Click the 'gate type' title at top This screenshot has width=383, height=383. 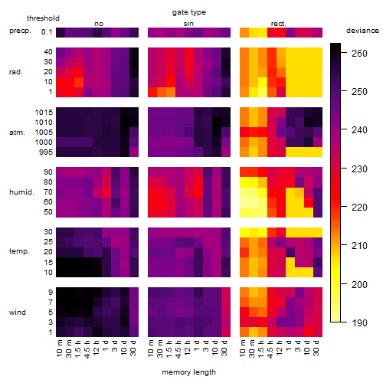tap(189, 12)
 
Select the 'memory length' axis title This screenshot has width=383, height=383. tap(189, 372)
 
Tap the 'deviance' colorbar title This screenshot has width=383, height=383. tap(362, 31)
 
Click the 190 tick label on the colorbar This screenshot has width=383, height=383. tap(359, 323)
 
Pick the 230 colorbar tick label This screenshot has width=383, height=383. tap(359, 169)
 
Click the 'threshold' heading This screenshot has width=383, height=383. tap(43, 18)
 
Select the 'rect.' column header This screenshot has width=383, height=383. tap(279, 24)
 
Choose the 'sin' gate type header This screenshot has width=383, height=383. tap(188, 24)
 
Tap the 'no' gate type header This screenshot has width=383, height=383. tap(99, 24)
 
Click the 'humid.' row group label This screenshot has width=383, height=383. tap(21, 192)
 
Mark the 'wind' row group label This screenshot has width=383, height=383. tap(18, 313)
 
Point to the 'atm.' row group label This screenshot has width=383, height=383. tap(17, 133)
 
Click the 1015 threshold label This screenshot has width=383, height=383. tap(44, 113)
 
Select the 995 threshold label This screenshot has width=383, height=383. tap(46, 152)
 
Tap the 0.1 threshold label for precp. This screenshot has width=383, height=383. tap(47, 32)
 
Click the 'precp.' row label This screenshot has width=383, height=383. tap(20, 31)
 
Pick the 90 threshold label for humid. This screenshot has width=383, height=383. tap(48, 172)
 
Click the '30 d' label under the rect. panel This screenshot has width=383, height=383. tap(316, 348)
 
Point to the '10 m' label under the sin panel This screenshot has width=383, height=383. tap(151, 348)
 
